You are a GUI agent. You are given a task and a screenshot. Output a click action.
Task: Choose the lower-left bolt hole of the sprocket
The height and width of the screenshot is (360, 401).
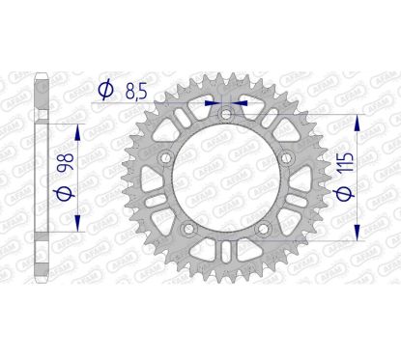[189, 229]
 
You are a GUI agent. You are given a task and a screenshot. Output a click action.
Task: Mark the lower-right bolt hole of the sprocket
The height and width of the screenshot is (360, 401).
[263, 229]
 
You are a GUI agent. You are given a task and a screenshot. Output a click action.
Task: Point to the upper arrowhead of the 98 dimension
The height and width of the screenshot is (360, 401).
[73, 128]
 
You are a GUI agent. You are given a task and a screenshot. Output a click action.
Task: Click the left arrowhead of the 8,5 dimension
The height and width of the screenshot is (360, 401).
[215, 98]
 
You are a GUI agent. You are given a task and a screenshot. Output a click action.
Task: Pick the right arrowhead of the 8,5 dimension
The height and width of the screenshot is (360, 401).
[239, 98]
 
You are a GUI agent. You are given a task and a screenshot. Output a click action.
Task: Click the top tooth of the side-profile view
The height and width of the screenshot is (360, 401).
[40, 77]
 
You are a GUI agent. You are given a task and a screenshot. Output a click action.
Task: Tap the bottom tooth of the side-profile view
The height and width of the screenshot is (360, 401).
[40, 283]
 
